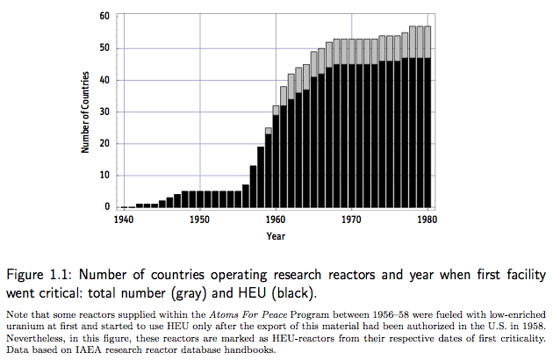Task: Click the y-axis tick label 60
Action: click(x=104, y=16)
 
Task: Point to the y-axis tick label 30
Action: click(x=104, y=112)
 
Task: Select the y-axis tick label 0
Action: click(x=106, y=207)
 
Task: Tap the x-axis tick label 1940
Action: click(x=124, y=219)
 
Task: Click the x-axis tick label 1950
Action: click(x=200, y=219)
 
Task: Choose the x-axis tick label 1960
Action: click(x=276, y=219)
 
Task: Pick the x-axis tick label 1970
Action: click(x=352, y=219)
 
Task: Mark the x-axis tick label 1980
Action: click(x=427, y=219)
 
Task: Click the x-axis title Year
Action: click(x=276, y=235)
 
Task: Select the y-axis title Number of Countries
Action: click(x=87, y=112)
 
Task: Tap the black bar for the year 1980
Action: click(x=427, y=132)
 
